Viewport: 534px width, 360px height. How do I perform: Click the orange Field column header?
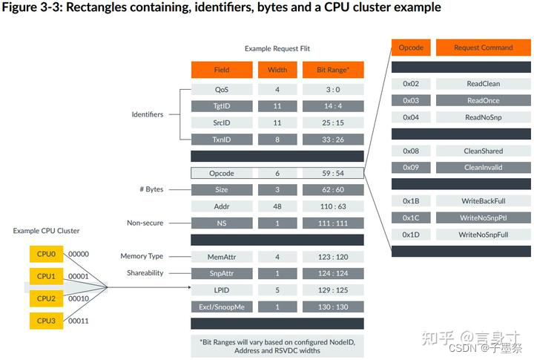(x=221, y=70)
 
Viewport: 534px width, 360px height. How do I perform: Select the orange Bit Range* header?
(x=333, y=70)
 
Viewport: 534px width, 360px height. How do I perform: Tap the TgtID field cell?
(x=221, y=106)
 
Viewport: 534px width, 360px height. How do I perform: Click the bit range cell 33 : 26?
(x=333, y=140)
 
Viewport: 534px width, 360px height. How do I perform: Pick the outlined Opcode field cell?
(x=221, y=173)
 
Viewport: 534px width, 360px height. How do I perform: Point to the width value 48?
(x=277, y=206)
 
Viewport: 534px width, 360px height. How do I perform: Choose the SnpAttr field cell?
(x=221, y=273)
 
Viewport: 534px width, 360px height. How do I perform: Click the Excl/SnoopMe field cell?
(x=221, y=307)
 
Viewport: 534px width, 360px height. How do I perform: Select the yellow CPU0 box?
(x=46, y=253)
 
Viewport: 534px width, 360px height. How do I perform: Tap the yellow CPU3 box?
(x=46, y=321)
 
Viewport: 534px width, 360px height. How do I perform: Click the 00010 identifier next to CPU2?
(x=79, y=298)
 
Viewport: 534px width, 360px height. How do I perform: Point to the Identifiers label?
(x=147, y=114)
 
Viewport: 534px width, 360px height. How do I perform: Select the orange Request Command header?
(x=483, y=48)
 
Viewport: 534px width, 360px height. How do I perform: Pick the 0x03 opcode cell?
(x=411, y=100)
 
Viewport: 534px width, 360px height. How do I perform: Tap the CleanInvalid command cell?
(x=483, y=167)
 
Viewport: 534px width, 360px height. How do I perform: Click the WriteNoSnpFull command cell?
(x=483, y=235)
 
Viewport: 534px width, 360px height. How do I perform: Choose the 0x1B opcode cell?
(x=411, y=201)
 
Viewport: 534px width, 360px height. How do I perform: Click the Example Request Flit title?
(x=277, y=49)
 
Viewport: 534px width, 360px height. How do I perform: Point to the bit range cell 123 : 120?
(x=333, y=257)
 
